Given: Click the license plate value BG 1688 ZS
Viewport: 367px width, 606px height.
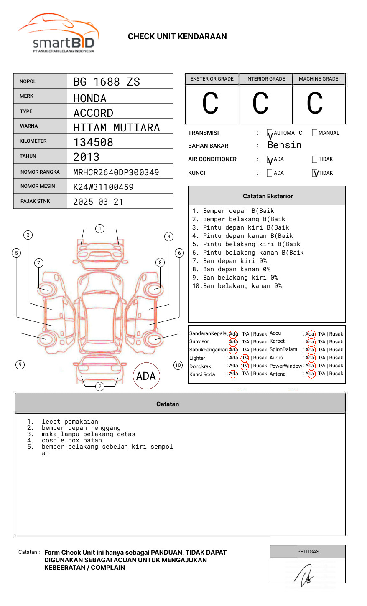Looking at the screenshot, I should coord(107,82).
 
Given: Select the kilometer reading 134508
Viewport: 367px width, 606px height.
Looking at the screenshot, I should coord(93,142).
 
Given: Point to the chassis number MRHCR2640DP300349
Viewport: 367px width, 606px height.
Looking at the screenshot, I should coord(116,172).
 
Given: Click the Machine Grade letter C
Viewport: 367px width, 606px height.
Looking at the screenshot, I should coord(315,104).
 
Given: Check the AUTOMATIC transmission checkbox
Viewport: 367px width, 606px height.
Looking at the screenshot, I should coord(270,133).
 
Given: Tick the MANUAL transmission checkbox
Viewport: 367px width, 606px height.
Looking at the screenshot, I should coord(315,133).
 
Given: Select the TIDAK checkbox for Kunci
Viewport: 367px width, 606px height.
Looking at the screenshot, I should coord(315,173).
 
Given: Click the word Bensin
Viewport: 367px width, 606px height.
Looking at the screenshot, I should coord(284,145).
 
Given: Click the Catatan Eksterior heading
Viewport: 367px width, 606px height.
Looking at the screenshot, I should coord(268,196).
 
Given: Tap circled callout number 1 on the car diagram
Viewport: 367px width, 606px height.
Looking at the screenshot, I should coord(99,229).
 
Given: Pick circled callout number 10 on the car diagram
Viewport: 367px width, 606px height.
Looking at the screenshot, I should coord(178,365).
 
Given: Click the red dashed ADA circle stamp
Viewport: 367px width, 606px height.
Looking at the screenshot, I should coord(146,376).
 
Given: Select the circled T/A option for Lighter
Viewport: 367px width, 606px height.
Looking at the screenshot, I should coord(245,358).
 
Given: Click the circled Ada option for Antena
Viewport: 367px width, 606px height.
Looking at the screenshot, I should coord(310,374).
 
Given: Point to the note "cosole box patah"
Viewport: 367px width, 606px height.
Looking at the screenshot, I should coord(71,440).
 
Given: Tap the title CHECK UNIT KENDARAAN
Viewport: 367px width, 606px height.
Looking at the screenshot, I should coord(177,37).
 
